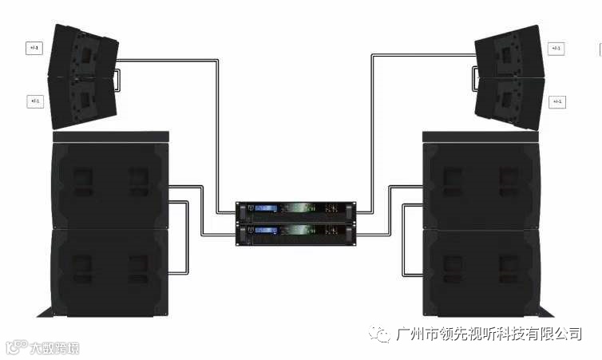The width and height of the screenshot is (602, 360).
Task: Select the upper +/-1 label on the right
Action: pos(556,48)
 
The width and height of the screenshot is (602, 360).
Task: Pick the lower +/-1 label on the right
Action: pos(556,101)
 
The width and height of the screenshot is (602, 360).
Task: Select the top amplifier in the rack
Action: pos(297,210)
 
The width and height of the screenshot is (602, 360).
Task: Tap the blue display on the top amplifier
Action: pos(266,210)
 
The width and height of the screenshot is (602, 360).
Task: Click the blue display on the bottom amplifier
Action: pos(266,231)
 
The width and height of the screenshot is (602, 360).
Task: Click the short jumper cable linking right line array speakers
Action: pos(473,77)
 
